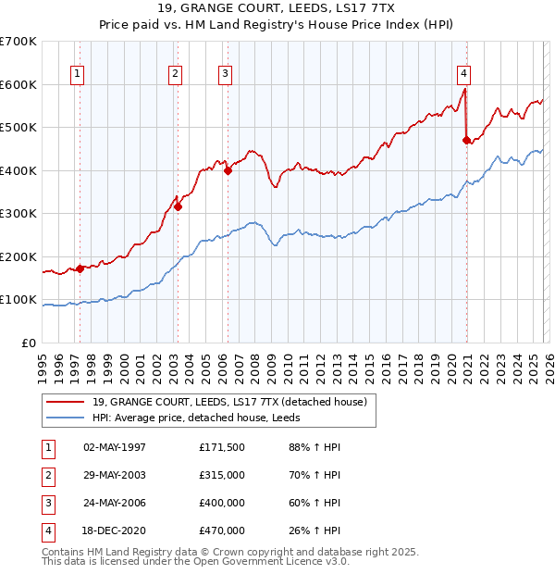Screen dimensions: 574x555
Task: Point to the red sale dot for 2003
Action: (179, 207)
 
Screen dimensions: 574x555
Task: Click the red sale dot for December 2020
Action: (466, 140)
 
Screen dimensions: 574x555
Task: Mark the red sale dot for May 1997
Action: (80, 269)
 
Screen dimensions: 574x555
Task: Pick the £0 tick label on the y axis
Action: (30, 343)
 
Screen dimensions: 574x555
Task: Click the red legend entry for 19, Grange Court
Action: (230, 402)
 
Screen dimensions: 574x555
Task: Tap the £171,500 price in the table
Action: (221, 447)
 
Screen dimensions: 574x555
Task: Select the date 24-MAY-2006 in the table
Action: (115, 503)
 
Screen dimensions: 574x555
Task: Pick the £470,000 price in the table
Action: (221, 530)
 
